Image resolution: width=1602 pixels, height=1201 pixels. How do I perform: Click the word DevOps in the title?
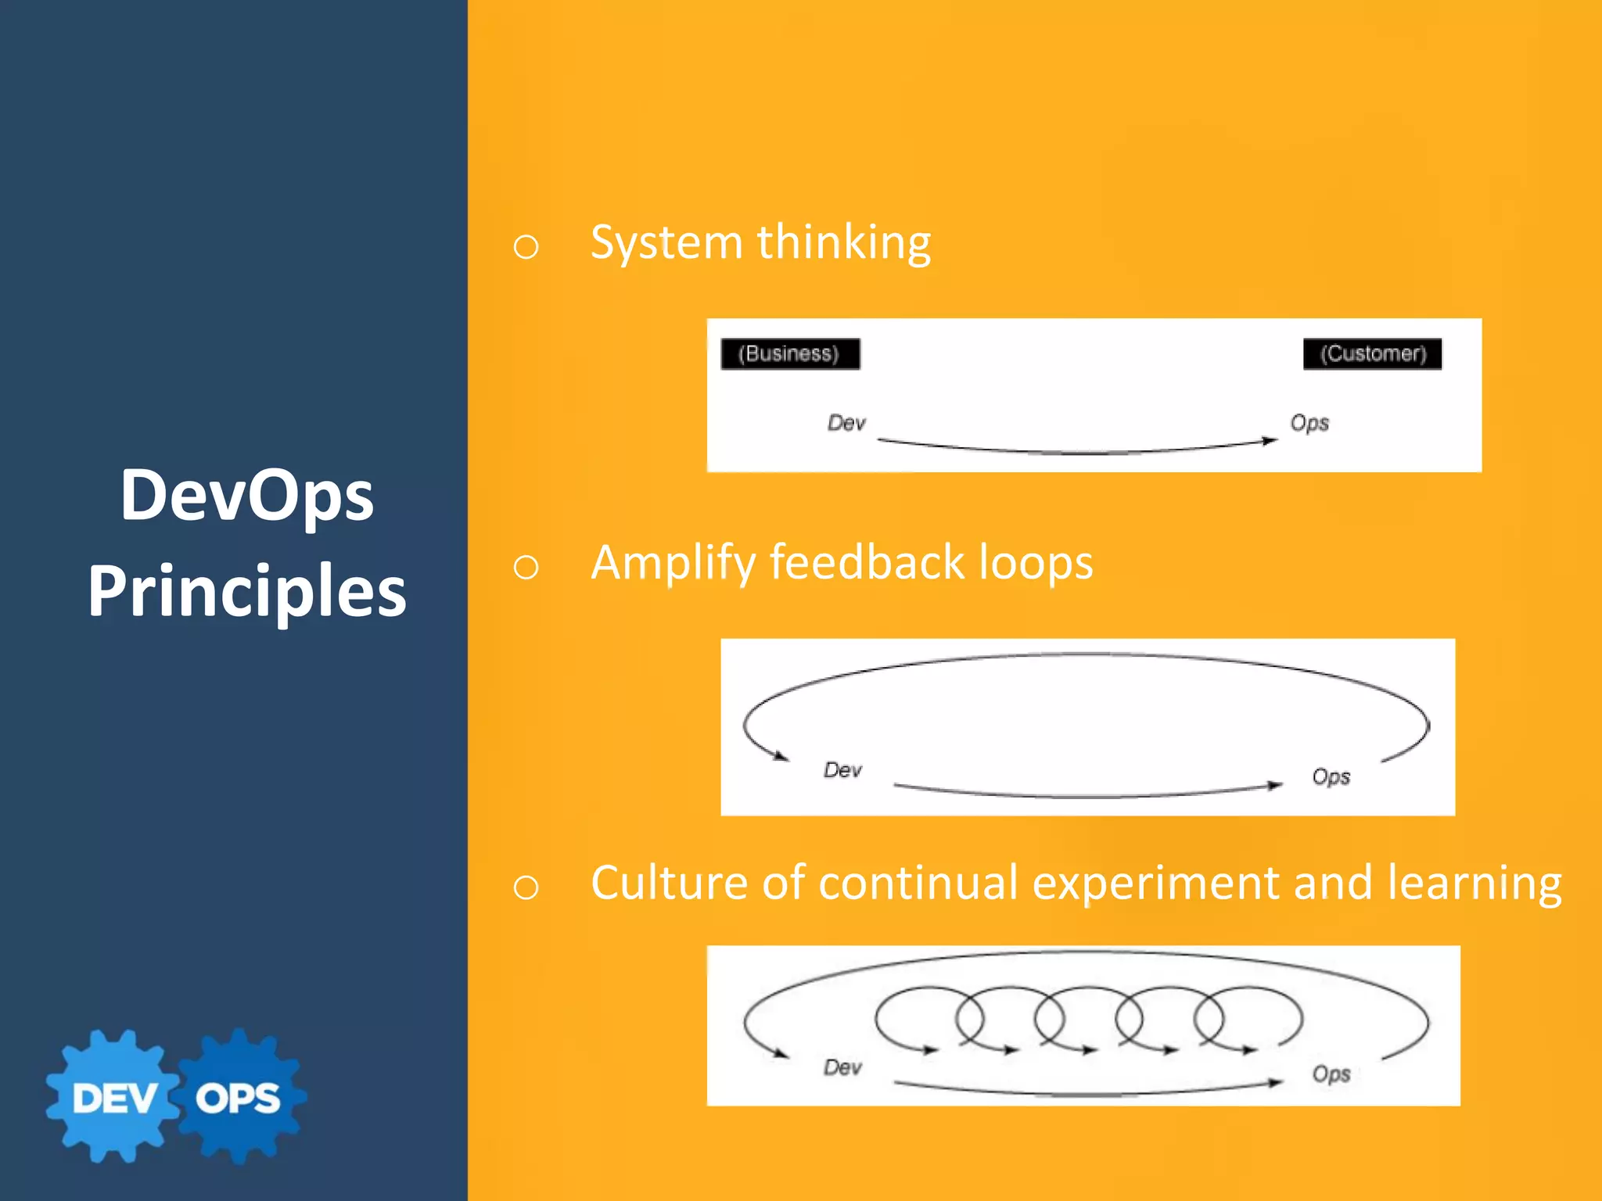[246, 496]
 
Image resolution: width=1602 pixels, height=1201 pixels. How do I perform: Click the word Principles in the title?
[246, 591]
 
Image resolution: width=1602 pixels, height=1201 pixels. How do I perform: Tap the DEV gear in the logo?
[114, 1098]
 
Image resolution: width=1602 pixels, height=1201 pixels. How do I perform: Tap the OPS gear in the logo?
[239, 1098]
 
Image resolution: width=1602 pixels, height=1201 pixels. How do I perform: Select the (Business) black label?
[789, 353]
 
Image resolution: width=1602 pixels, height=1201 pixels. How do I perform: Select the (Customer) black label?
[1373, 353]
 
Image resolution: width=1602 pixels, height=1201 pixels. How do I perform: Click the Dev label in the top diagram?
[846, 423]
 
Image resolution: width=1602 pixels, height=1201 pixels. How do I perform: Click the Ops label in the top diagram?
[1309, 423]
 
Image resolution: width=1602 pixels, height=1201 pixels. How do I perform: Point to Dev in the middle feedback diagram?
[842, 770]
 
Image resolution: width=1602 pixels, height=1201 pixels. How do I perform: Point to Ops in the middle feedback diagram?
[1331, 776]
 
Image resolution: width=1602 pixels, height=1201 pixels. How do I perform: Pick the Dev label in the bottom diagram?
[842, 1067]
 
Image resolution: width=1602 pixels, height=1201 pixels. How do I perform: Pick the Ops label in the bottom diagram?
[1331, 1074]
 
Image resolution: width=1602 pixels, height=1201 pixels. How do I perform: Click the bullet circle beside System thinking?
[526, 247]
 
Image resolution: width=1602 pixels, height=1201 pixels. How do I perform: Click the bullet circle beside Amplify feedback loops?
[526, 567]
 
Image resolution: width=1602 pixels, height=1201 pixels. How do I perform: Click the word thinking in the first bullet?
[844, 242]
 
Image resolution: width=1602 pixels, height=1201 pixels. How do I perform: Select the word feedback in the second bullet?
[867, 562]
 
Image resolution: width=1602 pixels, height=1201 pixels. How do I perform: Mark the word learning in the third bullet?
[1474, 884]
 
